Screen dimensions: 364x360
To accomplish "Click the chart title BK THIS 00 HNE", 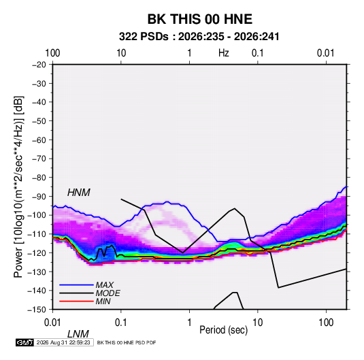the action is (x=200, y=19).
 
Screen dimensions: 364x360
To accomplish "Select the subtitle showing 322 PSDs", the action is (x=199, y=37).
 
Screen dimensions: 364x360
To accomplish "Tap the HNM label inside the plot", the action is (x=79, y=193).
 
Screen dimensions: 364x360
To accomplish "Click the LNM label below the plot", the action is (x=78, y=334).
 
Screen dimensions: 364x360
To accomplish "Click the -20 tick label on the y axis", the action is (x=39, y=65).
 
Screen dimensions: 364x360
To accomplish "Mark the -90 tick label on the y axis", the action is (x=39, y=196).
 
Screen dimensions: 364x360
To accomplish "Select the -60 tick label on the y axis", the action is (x=39, y=140).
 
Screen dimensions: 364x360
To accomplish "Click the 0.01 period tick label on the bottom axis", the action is (x=52, y=323).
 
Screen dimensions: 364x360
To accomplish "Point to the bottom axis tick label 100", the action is (x=326, y=323).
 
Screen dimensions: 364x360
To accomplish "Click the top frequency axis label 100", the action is (x=52, y=53).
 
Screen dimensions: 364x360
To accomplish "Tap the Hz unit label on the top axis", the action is (x=224, y=53).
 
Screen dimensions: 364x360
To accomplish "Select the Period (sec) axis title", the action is (x=224, y=330).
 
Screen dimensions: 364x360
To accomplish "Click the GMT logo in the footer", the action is (x=25, y=342).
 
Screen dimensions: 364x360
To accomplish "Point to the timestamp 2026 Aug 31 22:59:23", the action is (x=63, y=342).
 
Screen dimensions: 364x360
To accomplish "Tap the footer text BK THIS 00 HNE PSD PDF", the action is (x=127, y=342).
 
